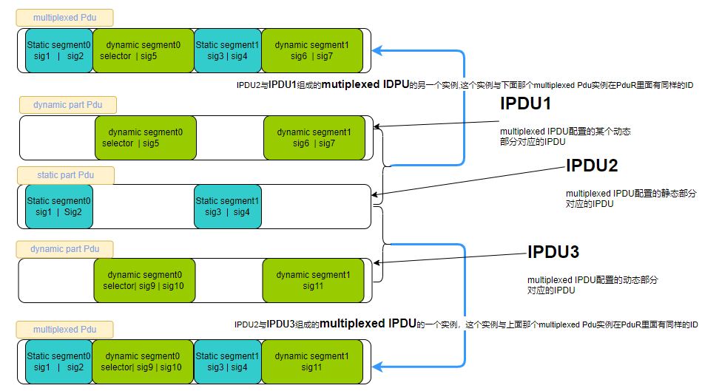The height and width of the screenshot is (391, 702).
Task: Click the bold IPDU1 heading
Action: click(x=526, y=103)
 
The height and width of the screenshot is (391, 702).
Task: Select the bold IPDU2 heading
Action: click(x=591, y=166)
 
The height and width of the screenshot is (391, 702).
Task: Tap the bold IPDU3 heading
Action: click(x=553, y=253)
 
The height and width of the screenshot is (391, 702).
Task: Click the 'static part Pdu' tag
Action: click(x=66, y=175)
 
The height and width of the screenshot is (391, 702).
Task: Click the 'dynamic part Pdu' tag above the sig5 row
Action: click(x=68, y=104)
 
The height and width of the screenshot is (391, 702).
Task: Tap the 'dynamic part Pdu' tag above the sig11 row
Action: click(x=65, y=249)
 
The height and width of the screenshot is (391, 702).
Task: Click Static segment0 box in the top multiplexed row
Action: click(x=59, y=50)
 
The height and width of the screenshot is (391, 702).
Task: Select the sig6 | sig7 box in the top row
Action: click(x=312, y=50)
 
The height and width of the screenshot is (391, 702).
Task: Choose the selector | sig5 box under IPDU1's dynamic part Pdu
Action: click(x=145, y=137)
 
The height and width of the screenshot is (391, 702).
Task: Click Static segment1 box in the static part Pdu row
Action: click(x=228, y=206)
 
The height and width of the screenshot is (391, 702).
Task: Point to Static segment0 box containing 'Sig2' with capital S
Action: click(x=59, y=206)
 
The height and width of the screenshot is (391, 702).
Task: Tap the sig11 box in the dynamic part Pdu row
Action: click(x=313, y=280)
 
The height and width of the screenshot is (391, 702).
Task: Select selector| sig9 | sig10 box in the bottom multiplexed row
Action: click(x=143, y=361)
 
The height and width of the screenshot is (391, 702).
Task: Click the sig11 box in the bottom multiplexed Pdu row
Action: click(x=312, y=361)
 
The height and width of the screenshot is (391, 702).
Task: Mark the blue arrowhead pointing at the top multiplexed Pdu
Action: click(x=378, y=50)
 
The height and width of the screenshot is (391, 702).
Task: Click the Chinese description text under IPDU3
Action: click(x=592, y=285)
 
